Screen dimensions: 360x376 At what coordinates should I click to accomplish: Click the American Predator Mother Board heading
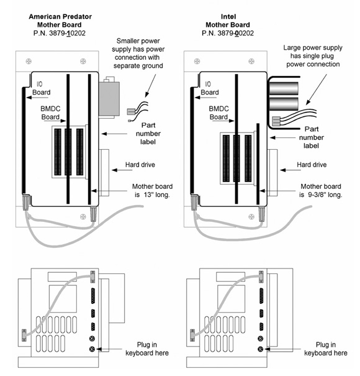(60, 21)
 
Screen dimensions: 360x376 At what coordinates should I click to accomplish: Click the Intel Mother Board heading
(228, 21)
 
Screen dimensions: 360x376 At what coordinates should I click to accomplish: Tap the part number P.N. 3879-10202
(60, 33)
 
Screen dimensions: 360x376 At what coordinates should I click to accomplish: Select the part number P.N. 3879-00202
(228, 33)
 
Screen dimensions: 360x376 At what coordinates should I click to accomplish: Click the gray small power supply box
(109, 98)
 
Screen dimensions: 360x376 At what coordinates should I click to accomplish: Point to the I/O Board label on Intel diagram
(209, 88)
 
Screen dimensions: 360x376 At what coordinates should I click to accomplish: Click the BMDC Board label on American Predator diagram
(50, 112)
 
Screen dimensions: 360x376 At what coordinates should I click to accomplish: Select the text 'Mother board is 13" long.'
(152, 190)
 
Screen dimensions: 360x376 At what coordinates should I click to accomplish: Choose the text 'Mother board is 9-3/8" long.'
(321, 190)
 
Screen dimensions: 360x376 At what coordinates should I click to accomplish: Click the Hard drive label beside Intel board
(312, 165)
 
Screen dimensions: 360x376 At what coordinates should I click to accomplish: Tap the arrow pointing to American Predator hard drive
(122, 170)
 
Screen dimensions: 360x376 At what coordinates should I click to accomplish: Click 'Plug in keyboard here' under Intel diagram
(326, 349)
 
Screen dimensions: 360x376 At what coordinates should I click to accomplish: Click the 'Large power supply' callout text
(313, 56)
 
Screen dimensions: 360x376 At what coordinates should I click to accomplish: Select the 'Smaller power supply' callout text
(138, 53)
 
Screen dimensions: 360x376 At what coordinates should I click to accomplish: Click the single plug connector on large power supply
(276, 121)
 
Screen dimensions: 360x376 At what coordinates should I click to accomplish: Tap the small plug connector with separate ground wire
(131, 111)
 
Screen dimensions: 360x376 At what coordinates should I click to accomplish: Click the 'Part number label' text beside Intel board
(312, 137)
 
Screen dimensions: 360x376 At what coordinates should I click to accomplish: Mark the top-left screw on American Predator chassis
(29, 62)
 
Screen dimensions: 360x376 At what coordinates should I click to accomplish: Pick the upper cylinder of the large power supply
(284, 88)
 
